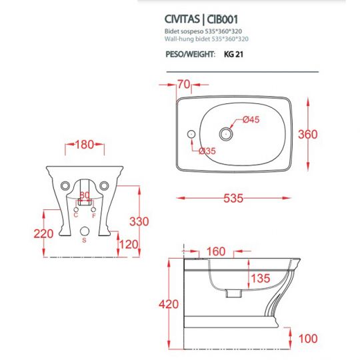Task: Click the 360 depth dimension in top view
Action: [x=326, y=134]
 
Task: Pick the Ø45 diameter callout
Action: [x=250, y=120]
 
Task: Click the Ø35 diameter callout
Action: [x=207, y=151]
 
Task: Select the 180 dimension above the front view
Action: [x=84, y=145]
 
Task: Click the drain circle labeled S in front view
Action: [x=84, y=233]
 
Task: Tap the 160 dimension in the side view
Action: [x=216, y=253]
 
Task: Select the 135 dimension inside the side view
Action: [x=261, y=278]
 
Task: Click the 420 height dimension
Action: [x=169, y=304]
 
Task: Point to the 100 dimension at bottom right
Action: [x=307, y=339]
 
